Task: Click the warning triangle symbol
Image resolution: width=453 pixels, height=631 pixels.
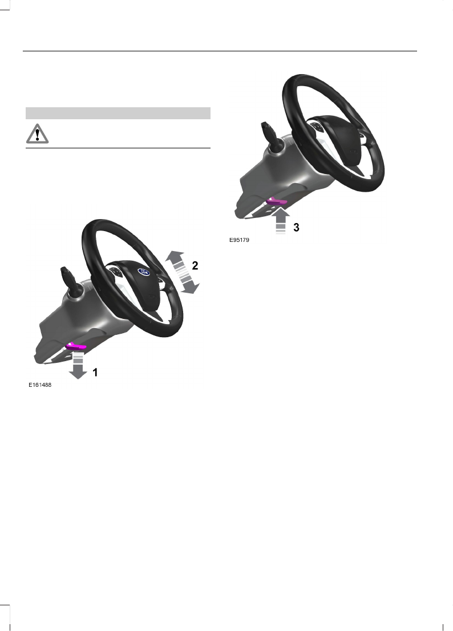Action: pyautogui.click(x=38, y=134)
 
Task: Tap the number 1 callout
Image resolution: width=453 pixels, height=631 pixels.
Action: pyautogui.click(x=95, y=373)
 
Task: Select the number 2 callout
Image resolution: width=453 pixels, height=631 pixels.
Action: pyautogui.click(x=195, y=266)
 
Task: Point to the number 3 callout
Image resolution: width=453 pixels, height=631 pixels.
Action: pyautogui.click(x=296, y=228)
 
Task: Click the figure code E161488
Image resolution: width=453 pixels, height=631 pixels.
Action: pyautogui.click(x=40, y=385)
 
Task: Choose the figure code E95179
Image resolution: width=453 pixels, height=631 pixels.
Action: pyautogui.click(x=240, y=240)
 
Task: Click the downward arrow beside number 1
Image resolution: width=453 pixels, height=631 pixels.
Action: pyautogui.click(x=78, y=365)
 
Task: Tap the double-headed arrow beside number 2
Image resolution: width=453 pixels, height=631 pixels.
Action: pyautogui.click(x=183, y=272)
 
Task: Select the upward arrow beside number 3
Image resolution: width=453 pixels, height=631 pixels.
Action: pyautogui.click(x=280, y=220)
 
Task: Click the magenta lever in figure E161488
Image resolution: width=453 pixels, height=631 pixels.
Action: pyautogui.click(x=76, y=346)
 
